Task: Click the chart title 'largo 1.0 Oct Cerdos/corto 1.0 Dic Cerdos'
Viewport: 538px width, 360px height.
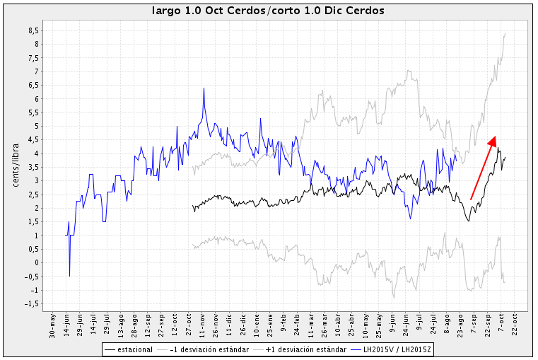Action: click(269, 11)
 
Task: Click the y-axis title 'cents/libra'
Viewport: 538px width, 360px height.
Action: click(16, 165)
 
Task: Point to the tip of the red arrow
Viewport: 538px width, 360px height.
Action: click(494, 137)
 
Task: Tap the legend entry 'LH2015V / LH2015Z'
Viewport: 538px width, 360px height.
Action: click(398, 349)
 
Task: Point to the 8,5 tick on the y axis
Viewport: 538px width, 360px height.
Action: click(33, 31)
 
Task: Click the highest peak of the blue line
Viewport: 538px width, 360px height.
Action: click(204, 88)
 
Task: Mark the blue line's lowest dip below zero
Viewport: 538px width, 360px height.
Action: click(69, 276)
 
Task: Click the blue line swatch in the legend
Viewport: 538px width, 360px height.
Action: click(358, 349)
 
